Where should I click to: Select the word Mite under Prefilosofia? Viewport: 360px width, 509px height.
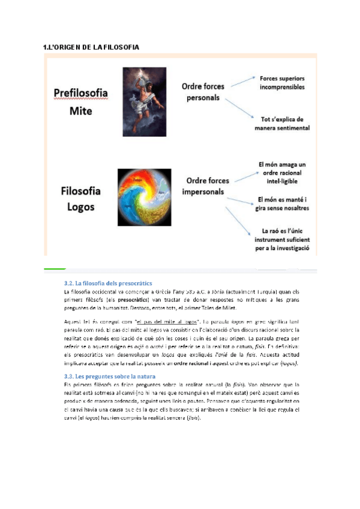(x=81, y=111)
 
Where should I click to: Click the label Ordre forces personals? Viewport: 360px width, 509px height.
(x=203, y=92)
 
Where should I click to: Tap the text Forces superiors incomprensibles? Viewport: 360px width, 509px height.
(x=282, y=83)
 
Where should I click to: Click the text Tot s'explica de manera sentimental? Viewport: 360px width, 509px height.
(x=282, y=123)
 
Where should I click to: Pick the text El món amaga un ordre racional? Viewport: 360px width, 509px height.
(x=282, y=172)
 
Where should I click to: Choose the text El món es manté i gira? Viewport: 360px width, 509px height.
(x=283, y=204)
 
